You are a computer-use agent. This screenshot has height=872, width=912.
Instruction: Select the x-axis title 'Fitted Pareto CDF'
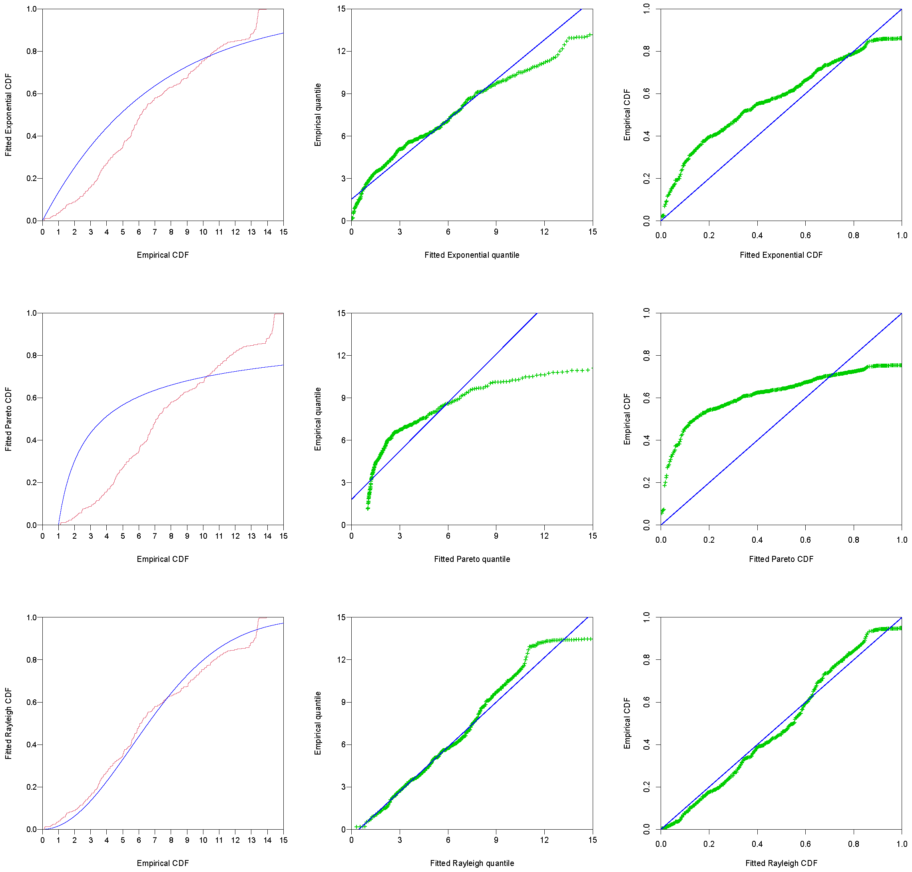coord(781,559)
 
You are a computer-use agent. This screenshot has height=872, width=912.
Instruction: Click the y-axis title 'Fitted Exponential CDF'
coord(8,115)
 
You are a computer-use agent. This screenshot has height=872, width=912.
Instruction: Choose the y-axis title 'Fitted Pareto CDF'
coord(8,419)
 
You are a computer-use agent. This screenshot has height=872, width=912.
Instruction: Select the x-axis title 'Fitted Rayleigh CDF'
coord(781,863)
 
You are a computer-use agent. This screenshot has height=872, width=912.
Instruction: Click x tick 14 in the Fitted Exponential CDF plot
coord(267,232)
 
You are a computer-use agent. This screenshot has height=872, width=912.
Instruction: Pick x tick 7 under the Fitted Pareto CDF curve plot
coord(155,536)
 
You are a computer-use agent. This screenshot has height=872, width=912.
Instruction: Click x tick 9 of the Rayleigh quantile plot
coord(496,840)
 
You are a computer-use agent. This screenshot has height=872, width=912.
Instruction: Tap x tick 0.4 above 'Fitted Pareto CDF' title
coord(757,540)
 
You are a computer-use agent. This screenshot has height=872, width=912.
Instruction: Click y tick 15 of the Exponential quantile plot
coord(342,9)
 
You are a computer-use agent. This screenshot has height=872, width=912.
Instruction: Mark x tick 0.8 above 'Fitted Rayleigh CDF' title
coord(853,844)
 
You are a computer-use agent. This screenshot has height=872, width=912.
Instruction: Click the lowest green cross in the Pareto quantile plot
coord(368,508)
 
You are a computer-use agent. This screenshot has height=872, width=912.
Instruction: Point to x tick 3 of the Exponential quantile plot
coord(399,232)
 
